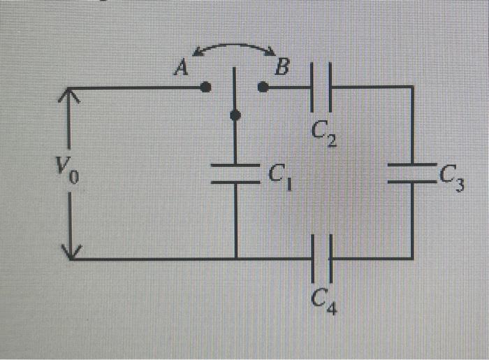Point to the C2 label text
pos(323,133)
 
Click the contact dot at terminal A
pos(205,87)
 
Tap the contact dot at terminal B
pos(263,87)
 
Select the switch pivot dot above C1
pos(235,115)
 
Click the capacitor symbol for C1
pos(235,173)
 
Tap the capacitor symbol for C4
pos(322,258)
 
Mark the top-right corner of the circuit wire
pos(411,87)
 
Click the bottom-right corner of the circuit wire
pos(411,258)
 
